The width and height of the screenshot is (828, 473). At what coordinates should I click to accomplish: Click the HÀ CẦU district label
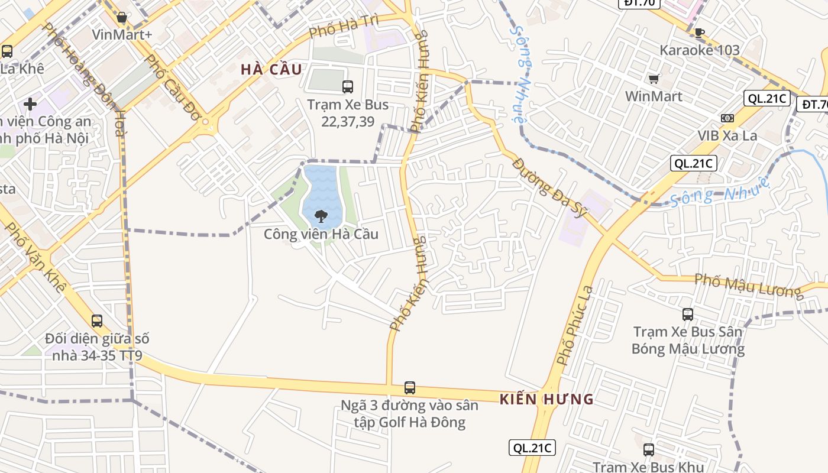pos(271,69)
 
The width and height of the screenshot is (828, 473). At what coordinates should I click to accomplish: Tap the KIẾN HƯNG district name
pos(546,399)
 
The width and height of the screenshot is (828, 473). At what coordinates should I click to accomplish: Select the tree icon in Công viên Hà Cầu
pos(321,216)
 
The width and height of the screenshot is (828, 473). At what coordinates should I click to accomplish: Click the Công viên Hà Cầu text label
pos(321,234)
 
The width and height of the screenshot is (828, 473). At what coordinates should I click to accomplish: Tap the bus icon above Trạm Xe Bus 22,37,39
pos(348,87)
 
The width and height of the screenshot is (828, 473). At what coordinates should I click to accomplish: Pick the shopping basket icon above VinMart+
pos(122,18)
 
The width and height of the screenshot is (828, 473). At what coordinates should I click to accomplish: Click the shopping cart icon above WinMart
pos(654,79)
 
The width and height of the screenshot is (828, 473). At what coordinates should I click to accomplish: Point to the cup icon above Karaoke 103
pos(700,33)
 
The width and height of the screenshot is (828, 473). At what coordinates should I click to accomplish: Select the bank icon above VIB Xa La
pos(727,118)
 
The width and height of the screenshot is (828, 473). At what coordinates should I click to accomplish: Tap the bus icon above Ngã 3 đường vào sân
pos(410,388)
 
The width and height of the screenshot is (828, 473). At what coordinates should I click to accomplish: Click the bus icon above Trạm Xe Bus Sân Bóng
pos(688,314)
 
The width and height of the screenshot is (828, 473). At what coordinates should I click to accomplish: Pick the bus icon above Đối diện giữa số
pos(97,321)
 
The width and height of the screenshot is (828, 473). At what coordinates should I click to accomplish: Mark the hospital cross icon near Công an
pos(30,105)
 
